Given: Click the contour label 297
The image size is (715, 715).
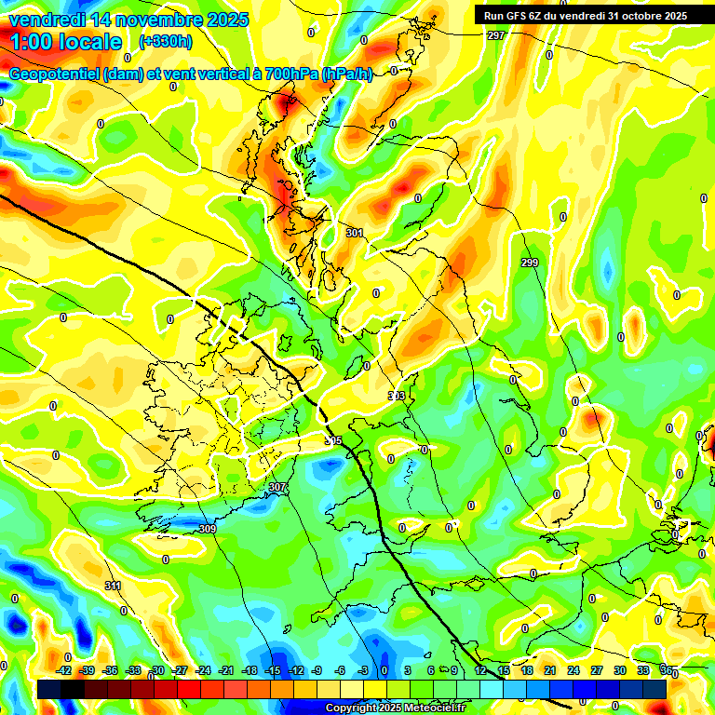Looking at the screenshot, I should click(495, 35).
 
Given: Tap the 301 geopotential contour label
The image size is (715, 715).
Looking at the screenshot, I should click(354, 233).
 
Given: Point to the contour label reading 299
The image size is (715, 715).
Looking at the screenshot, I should click(530, 263).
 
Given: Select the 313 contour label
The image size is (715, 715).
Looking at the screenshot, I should click(397, 397).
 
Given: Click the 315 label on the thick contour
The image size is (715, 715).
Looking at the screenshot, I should click(333, 440).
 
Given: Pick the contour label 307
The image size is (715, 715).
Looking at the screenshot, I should click(277, 487).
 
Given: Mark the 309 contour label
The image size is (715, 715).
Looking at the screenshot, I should click(208, 529).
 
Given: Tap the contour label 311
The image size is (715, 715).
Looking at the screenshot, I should click(113, 586).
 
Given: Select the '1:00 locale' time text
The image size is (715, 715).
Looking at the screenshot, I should click(66, 42).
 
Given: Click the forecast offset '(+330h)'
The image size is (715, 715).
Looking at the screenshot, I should click(166, 42).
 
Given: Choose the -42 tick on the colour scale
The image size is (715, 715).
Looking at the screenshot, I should click(64, 670).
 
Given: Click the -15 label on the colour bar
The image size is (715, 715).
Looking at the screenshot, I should click(273, 670).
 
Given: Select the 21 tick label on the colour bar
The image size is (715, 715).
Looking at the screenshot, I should click(550, 670).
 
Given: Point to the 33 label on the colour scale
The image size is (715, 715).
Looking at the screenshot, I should click(643, 670).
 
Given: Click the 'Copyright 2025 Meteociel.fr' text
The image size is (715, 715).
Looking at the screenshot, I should click(396, 708).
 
